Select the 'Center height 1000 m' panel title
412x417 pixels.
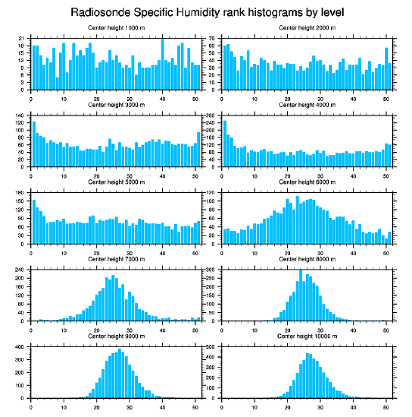(x=116, y=27)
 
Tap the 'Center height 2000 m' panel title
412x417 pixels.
(x=307, y=27)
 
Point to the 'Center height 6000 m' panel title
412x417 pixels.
(x=307, y=182)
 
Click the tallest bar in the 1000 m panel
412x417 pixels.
(x=162, y=64)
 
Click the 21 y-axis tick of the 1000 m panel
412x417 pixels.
(x=21, y=38)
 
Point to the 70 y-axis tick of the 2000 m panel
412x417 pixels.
(x=213, y=38)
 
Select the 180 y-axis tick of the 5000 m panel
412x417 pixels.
(x=20, y=193)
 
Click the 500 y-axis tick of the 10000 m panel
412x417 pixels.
(x=211, y=347)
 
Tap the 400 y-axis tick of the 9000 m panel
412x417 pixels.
(x=20, y=347)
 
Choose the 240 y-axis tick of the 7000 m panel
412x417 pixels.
(x=20, y=270)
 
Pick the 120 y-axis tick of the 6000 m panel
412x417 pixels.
(x=211, y=193)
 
